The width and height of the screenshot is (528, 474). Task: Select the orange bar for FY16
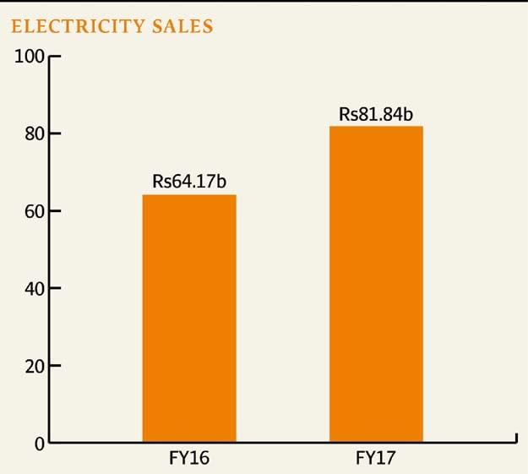[x=188, y=319]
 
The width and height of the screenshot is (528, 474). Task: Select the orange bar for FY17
[x=376, y=284]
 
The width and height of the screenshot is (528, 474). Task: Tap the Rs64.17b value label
[x=188, y=181]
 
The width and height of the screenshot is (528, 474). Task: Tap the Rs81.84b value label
[x=376, y=112]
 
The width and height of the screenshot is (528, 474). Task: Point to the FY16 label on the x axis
[x=188, y=460]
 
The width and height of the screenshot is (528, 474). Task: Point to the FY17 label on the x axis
[x=376, y=460]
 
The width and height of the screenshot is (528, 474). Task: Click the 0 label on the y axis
[x=39, y=444]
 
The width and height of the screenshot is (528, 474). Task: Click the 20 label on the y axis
[x=34, y=366]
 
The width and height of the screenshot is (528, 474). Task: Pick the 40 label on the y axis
[x=34, y=288]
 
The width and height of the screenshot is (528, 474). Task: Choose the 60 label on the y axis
[x=34, y=210]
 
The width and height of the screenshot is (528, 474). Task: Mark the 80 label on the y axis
[x=34, y=133]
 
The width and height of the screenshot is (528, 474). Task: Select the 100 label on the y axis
[x=30, y=57]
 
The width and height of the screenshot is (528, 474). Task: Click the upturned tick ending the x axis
[x=514, y=438]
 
